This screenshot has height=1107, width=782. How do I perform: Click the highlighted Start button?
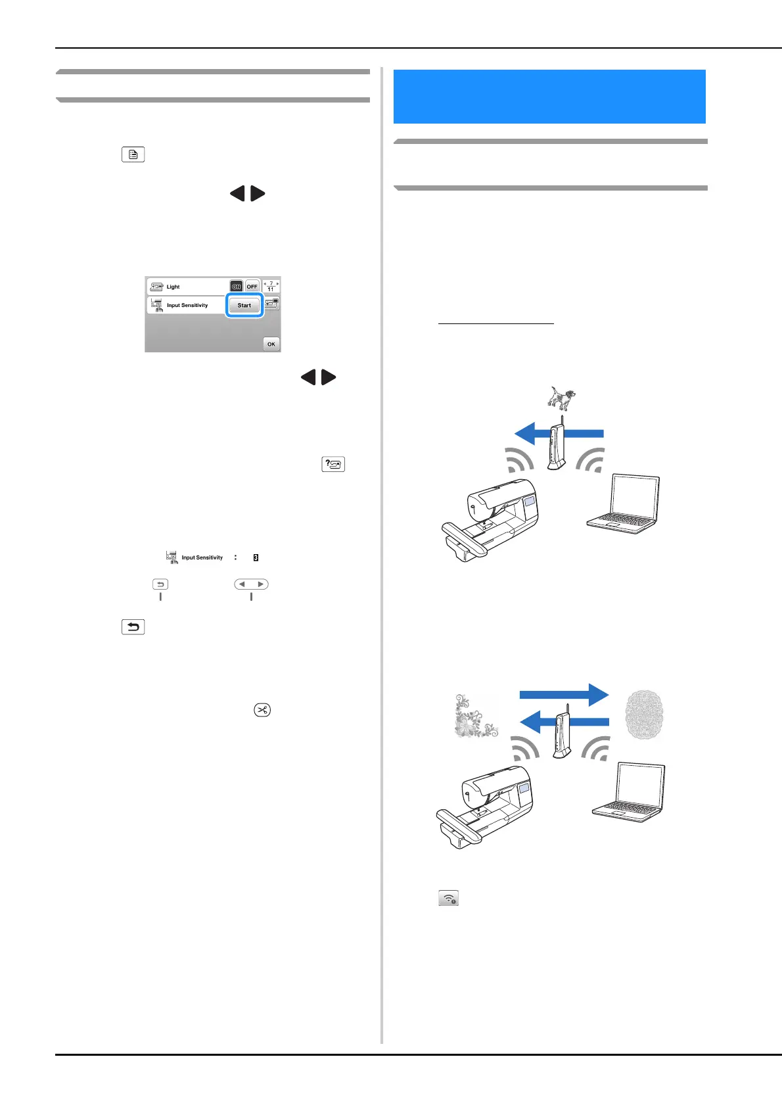point(244,306)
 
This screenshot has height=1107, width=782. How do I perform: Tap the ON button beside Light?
point(236,287)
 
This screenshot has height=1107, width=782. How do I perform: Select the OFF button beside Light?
point(252,287)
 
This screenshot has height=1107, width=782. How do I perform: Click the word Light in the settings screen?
point(173,287)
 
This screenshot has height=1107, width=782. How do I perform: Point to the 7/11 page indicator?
point(271,287)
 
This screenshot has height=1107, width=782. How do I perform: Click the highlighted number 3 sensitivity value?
point(256,557)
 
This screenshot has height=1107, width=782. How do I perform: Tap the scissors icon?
point(262,710)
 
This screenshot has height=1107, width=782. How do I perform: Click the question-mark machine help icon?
point(333,464)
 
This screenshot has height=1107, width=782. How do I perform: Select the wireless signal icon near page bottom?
point(448,898)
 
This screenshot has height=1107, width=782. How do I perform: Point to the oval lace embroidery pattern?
point(643,715)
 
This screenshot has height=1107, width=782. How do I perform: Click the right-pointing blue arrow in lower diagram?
point(564,695)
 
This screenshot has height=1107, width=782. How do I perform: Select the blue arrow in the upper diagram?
point(559,433)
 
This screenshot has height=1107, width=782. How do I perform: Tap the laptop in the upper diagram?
point(623,504)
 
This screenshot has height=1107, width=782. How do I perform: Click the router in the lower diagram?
point(563,734)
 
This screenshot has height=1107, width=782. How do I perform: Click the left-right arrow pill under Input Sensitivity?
point(251,584)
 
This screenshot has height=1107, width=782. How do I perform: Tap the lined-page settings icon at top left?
point(133,155)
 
